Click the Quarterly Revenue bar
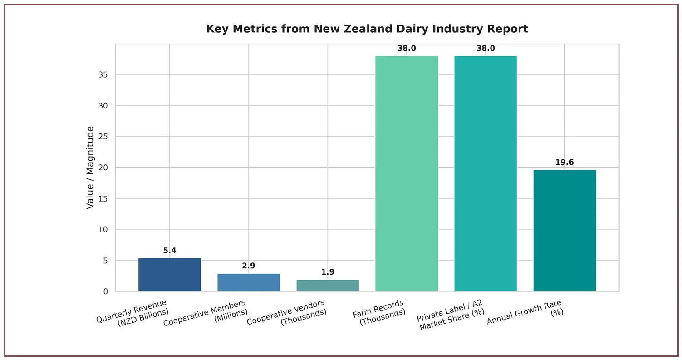170,275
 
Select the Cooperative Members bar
249,282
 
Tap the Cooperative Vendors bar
328,286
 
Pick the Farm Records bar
407,173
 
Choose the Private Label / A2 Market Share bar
486,173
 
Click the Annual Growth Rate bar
564,231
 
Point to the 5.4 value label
170,251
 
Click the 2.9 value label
249,266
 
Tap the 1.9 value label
328,272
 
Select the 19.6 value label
564,163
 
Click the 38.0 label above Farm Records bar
407,49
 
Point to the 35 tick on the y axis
103,74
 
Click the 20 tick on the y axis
103,168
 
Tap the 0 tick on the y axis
105,291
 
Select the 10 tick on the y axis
103,229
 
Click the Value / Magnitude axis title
90,168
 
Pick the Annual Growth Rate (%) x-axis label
525,313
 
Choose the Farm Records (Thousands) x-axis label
379,313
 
